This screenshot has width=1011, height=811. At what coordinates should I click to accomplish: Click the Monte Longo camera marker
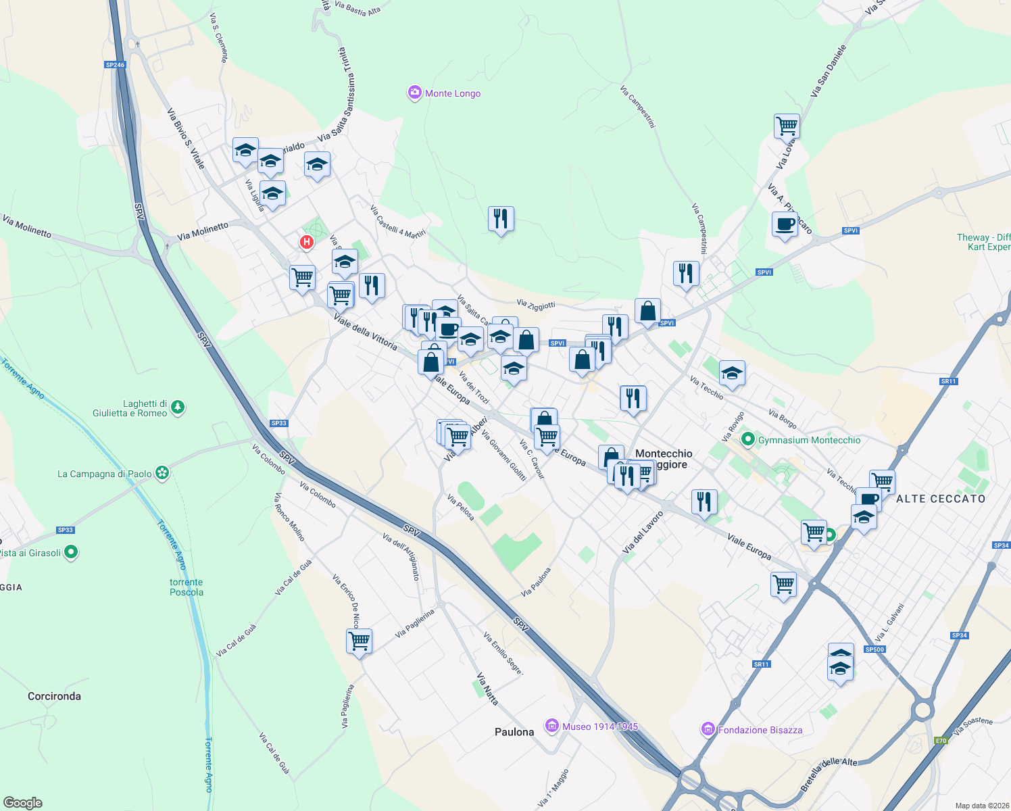[x=414, y=93]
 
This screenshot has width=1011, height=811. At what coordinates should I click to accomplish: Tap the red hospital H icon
[x=307, y=242]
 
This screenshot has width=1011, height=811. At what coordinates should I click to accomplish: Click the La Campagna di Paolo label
[x=105, y=474]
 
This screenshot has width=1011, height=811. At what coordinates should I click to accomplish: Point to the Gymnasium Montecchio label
[x=809, y=440]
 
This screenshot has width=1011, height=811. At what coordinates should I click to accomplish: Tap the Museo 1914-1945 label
[x=600, y=727]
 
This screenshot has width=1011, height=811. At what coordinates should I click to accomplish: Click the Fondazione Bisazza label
[x=760, y=730]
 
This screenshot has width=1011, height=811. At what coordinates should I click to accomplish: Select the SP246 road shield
[x=116, y=65]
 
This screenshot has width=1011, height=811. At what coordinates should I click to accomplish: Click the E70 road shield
[x=941, y=741]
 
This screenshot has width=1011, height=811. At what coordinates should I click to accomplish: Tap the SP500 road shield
[x=874, y=649]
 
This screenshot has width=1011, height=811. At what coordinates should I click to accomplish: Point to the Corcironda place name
[x=54, y=696]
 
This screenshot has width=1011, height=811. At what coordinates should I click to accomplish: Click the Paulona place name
[x=514, y=732]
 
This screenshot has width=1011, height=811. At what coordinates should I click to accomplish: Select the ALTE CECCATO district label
[x=941, y=499]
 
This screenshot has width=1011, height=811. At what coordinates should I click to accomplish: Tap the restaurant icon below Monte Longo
[x=501, y=219]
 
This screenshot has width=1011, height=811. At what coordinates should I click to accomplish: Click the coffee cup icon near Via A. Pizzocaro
[x=785, y=224]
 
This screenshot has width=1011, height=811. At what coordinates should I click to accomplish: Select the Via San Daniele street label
[x=829, y=71]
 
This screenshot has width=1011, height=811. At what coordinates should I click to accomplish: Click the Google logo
[x=23, y=803]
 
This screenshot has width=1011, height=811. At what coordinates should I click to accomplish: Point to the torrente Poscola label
[x=186, y=587]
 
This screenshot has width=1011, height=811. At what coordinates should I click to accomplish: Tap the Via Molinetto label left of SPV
[x=27, y=226]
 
